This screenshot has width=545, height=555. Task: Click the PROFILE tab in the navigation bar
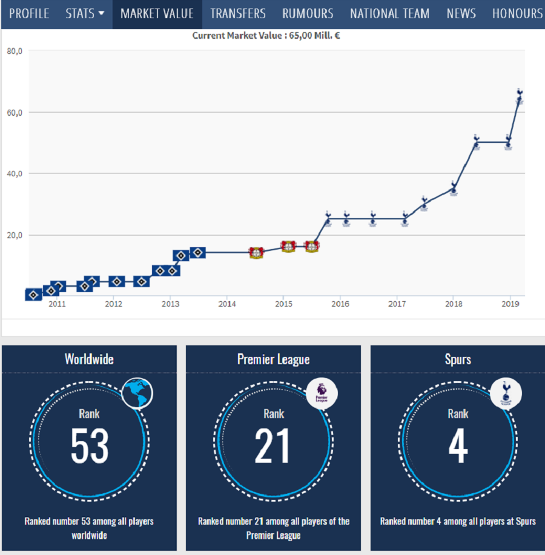[x=29, y=13]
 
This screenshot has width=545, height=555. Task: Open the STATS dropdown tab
[x=85, y=13]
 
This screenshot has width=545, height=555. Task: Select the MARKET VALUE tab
[x=157, y=13]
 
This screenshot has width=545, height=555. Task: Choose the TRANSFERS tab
[x=238, y=13]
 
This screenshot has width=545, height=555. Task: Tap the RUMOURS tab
[x=308, y=13]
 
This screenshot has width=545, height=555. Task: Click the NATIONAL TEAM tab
[x=389, y=13]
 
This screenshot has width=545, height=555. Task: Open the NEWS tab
[x=461, y=13]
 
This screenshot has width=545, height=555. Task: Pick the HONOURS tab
[x=517, y=13]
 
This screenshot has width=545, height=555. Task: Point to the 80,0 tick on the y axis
[x=15, y=52]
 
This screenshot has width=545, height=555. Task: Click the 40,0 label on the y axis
[x=15, y=174]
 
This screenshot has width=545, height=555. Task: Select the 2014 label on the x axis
[x=226, y=304]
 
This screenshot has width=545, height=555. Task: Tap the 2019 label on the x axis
[x=510, y=304]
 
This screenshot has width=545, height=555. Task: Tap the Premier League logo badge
[x=322, y=393]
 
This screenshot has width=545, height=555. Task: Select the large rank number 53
[x=90, y=447]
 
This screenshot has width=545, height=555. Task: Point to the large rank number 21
[x=273, y=447]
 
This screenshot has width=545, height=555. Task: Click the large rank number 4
[x=458, y=447]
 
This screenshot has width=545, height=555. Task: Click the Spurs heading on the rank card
[x=458, y=359]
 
